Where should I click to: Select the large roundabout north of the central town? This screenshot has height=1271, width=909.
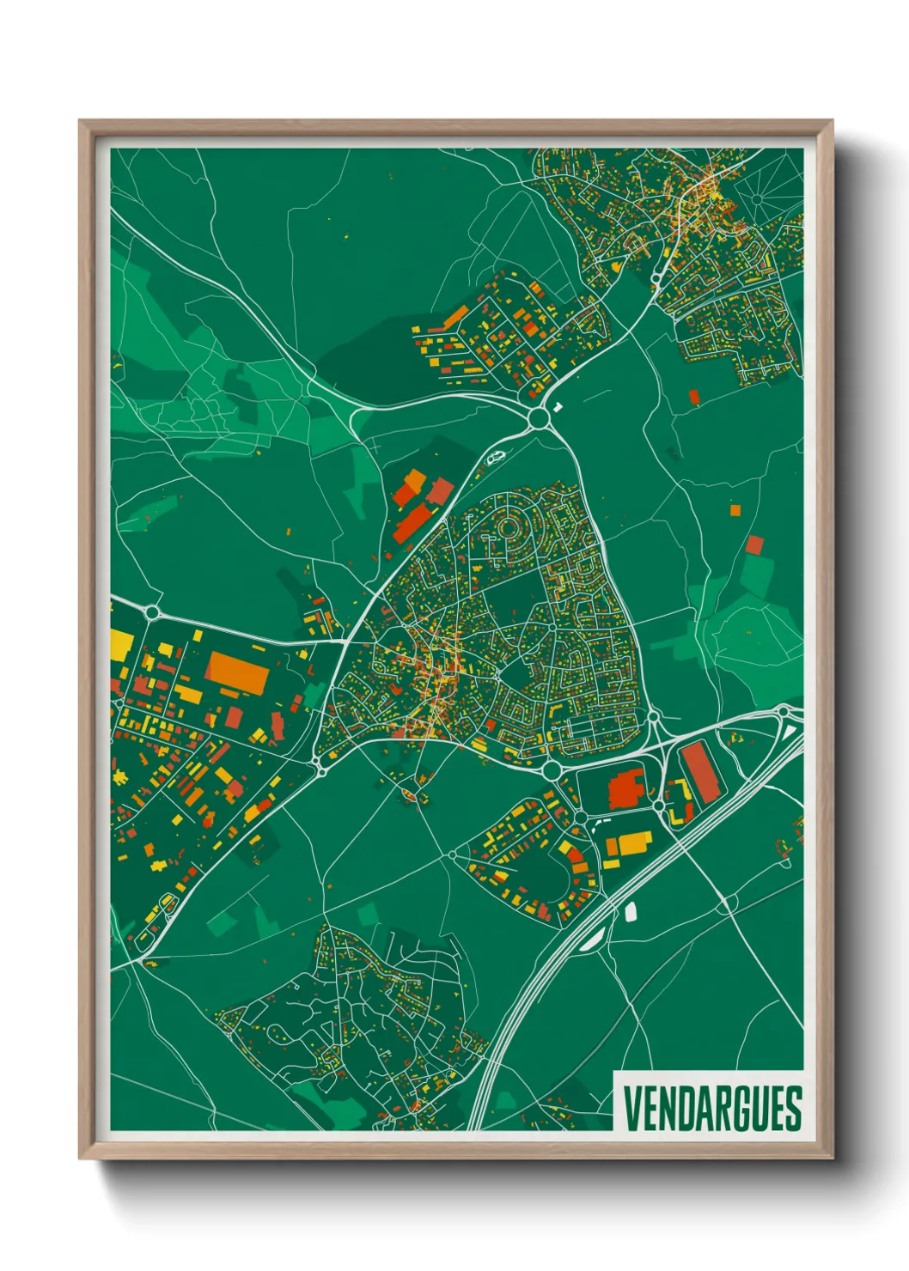coord(539,418)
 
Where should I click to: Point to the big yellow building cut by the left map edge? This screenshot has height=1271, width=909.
coord(121,645)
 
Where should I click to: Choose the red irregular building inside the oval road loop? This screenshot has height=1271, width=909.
coord(626,788)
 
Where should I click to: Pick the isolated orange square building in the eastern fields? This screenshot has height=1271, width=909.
coord(735,510)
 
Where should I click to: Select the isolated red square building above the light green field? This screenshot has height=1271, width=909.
coord(754,544)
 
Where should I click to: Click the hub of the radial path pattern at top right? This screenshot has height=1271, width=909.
coord(757,198)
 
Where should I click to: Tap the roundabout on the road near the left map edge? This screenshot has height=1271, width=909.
coord(153,612)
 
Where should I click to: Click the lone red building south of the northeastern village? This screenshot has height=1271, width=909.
coord(694,396)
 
